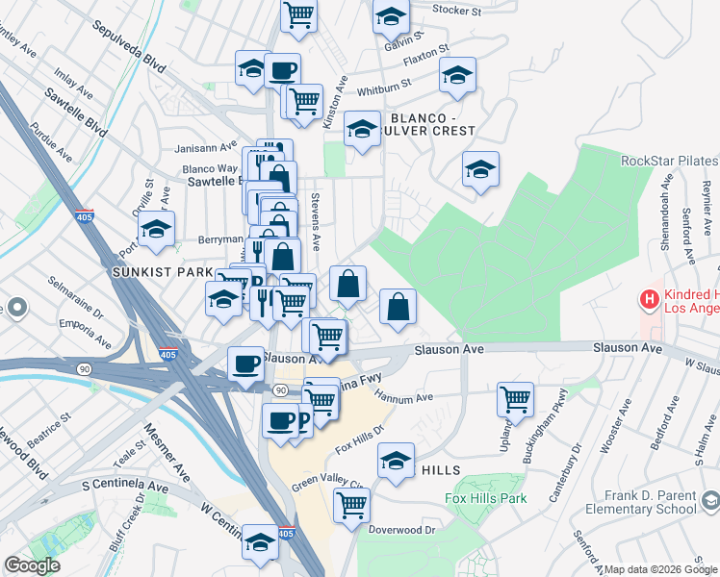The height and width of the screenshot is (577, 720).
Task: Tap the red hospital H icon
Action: (x=650, y=300)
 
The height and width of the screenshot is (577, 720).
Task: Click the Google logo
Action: (x=32, y=565)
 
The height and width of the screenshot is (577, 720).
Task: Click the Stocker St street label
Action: (x=456, y=11)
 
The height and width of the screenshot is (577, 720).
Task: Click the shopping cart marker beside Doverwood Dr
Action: (x=351, y=504)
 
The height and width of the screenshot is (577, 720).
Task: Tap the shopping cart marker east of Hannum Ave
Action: (x=516, y=398)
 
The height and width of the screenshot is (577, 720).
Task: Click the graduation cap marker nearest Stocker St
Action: (x=391, y=15)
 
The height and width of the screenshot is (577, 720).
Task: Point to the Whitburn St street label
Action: (x=383, y=88)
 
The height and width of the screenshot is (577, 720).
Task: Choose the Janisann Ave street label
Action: (x=205, y=148)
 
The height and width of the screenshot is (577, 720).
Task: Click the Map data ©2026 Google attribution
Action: (x=661, y=569)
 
